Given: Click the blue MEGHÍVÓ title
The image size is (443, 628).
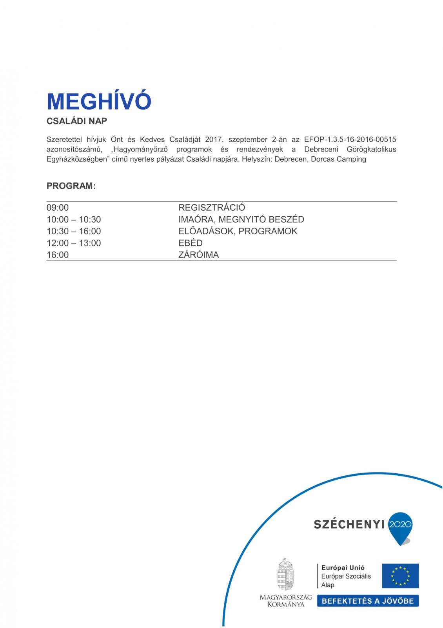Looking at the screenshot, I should [99, 101].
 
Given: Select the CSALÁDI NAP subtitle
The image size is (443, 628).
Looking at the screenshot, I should [77, 121].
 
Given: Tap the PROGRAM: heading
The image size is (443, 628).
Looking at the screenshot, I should [71, 186].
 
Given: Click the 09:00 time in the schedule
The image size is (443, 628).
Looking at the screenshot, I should [58, 208].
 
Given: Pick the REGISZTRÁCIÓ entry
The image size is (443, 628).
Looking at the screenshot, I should [212, 208].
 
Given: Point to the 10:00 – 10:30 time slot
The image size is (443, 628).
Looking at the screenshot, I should [74, 219].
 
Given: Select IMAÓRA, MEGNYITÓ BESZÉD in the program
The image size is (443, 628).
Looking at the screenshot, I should [241, 219].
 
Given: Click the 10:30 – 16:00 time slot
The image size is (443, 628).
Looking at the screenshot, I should [74, 231].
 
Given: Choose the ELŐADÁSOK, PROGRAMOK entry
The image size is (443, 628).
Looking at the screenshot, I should [238, 231].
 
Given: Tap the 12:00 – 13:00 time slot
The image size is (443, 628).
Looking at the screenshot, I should [74, 243].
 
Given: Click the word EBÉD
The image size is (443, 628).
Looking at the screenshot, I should [190, 243].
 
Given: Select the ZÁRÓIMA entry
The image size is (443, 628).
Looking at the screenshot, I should [198, 255].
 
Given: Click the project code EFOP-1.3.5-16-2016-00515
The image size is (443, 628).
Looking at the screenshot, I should [350, 139].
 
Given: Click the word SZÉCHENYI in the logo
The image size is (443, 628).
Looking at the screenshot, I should [349, 524].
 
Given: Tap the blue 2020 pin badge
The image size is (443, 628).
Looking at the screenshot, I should [400, 525].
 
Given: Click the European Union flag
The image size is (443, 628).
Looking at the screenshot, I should [400, 576].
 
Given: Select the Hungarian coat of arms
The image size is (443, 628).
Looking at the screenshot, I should [285, 574].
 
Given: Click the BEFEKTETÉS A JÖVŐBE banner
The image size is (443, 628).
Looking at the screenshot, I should [367, 601].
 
